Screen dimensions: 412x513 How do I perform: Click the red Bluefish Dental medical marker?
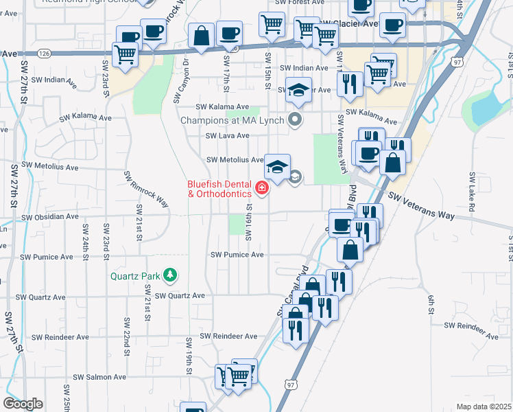[x=261, y=187]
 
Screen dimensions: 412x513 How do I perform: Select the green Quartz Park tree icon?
[x=169, y=276]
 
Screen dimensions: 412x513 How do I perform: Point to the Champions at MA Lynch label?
[x=232, y=121]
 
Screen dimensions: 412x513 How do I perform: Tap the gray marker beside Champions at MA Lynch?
[x=296, y=120]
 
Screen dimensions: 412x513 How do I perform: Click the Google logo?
[x=23, y=404]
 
